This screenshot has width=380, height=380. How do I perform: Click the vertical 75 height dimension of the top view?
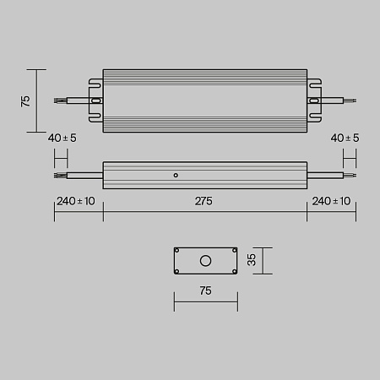pos(25,100)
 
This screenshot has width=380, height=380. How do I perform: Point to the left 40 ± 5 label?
pos(63,138)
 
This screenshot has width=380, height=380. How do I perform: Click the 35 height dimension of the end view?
pos(251,261)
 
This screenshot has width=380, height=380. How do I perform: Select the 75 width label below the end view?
pos(204,290)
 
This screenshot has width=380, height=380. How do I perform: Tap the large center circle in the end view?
pos(204,261)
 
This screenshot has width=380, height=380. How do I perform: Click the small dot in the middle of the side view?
pos(175,176)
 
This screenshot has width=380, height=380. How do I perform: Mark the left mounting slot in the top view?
pos(95,100)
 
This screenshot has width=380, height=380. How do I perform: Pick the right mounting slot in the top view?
pos(316,100)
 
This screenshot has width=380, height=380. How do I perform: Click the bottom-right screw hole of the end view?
pos(231,271)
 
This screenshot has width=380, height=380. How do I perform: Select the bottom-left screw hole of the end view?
pos(177,271)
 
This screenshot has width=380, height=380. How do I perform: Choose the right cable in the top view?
pos(339,100)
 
